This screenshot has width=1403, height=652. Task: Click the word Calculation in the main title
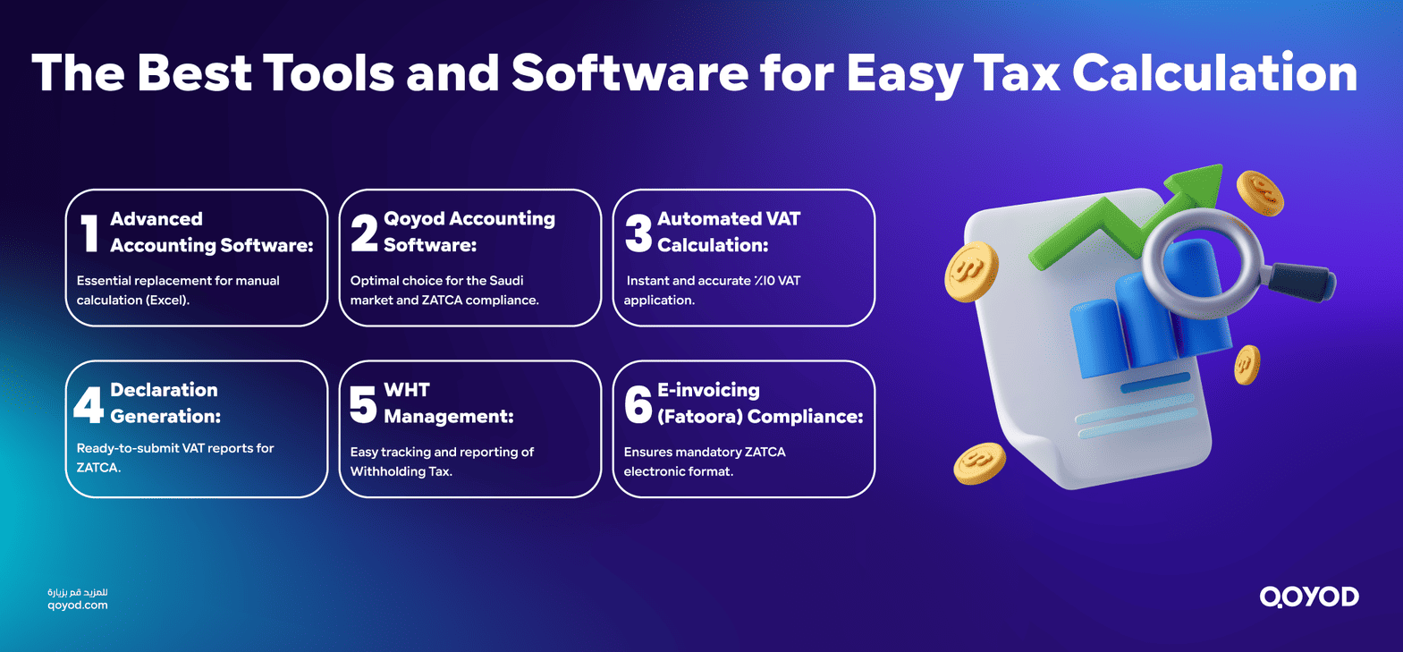point(1214,73)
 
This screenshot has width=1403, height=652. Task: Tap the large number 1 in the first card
point(89,233)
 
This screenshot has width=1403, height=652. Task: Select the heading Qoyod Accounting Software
point(469,232)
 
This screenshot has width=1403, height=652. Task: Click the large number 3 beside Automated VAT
point(638,233)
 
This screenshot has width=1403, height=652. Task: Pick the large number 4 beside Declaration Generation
point(89,404)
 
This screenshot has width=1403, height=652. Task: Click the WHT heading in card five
point(407,390)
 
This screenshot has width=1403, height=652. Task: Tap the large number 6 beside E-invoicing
point(638,404)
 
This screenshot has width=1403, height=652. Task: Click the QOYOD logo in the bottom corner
point(1309,597)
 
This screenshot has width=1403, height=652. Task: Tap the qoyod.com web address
point(78,605)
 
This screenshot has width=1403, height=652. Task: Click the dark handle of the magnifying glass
point(1301,281)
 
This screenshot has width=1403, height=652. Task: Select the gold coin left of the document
point(971,270)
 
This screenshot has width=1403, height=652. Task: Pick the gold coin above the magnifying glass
point(1260,193)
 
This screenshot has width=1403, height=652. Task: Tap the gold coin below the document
point(979,463)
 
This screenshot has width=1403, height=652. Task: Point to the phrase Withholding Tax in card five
point(401,471)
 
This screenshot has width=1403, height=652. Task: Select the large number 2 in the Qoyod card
point(364,233)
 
